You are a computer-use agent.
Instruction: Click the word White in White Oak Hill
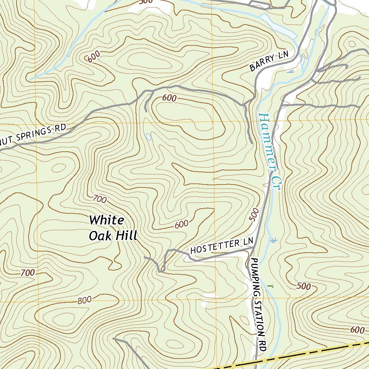click(107, 220)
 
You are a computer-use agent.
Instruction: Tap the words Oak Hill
click(113, 236)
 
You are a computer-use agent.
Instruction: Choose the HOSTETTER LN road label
click(222, 246)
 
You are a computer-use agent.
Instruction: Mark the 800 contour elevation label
click(84, 300)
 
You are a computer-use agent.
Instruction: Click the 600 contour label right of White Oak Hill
click(181, 224)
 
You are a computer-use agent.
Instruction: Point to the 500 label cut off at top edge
click(145, 2)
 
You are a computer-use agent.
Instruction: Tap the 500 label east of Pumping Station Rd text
click(304, 286)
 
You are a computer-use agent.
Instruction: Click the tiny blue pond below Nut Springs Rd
click(148, 137)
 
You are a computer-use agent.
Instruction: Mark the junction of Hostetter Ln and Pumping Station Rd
click(253, 249)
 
